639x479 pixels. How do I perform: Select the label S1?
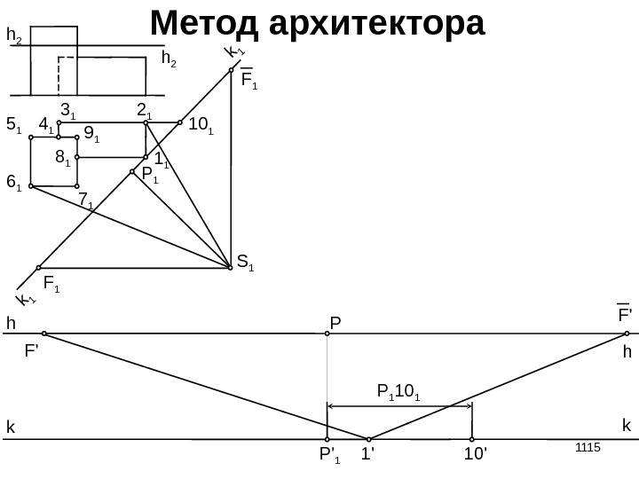(x=245, y=263)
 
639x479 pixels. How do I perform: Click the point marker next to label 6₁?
(x=31, y=186)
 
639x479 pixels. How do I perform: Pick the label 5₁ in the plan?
(x=13, y=127)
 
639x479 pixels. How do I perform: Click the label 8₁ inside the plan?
(x=62, y=159)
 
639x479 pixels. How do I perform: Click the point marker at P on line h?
(x=327, y=334)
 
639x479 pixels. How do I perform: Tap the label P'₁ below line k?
(x=329, y=459)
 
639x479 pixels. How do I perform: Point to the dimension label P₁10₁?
(x=398, y=390)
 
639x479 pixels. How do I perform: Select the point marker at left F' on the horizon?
(x=43, y=334)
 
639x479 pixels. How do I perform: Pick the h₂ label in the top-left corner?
(x=14, y=35)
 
